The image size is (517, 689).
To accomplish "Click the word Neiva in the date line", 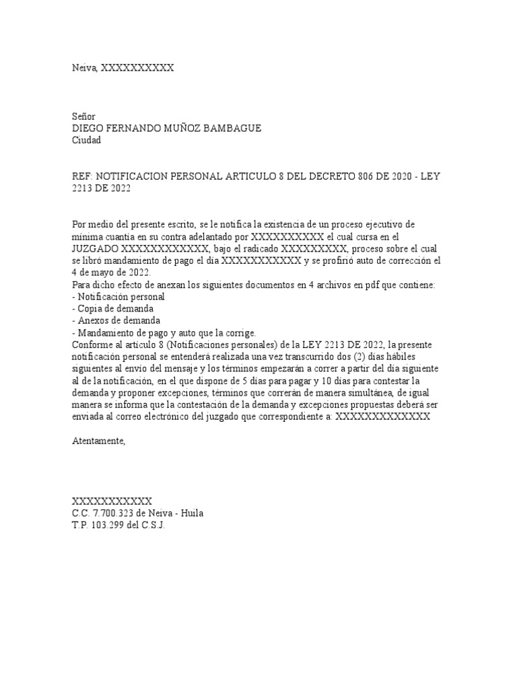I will pyautogui.click(x=84, y=67).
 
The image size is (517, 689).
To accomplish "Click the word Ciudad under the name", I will pyautogui.click(x=85, y=141).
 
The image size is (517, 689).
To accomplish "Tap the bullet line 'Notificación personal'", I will pyautogui.click(x=121, y=297).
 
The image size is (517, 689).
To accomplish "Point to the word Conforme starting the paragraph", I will pyautogui.click(x=92, y=345).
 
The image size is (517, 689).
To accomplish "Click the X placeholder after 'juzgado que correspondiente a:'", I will pyautogui.click(x=382, y=416).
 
